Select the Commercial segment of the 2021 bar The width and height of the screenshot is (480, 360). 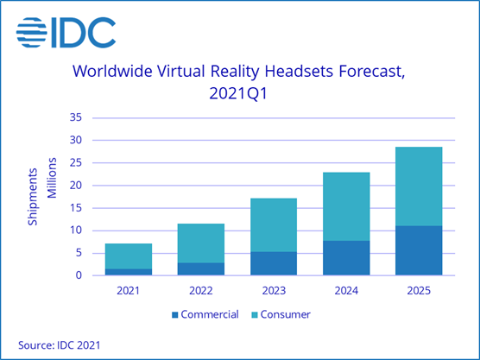pos(128,272)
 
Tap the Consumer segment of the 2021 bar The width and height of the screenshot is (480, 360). pos(128,256)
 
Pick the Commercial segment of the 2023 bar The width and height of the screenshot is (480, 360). pos(272,263)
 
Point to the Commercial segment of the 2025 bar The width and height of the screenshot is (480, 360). pos(418,250)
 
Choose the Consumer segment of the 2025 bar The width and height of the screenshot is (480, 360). pos(418,186)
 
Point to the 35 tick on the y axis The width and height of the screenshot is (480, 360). pos(75,117)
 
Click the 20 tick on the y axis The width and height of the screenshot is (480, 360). pos(75,185)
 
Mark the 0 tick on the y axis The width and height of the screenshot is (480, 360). pos(79,275)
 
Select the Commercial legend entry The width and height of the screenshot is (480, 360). pos(206,314)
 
